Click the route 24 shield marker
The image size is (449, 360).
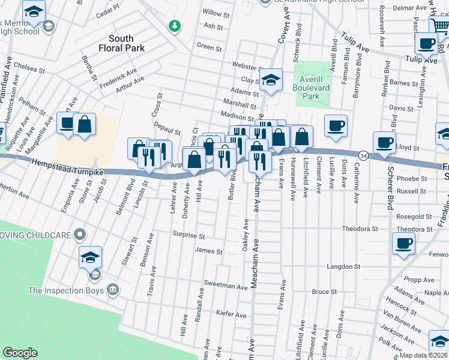[363, 155]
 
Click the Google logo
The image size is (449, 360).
[20, 353]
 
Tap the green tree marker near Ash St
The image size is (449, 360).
[174, 26]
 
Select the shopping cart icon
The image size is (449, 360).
[439, 26]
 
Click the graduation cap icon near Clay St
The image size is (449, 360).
[271, 80]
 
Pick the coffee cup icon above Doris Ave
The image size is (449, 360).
[336, 125]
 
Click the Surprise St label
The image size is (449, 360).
[188, 236]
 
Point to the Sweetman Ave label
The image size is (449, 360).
[226, 287]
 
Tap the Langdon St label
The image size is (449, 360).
[343, 266]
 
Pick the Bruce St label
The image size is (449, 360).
[324, 292]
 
